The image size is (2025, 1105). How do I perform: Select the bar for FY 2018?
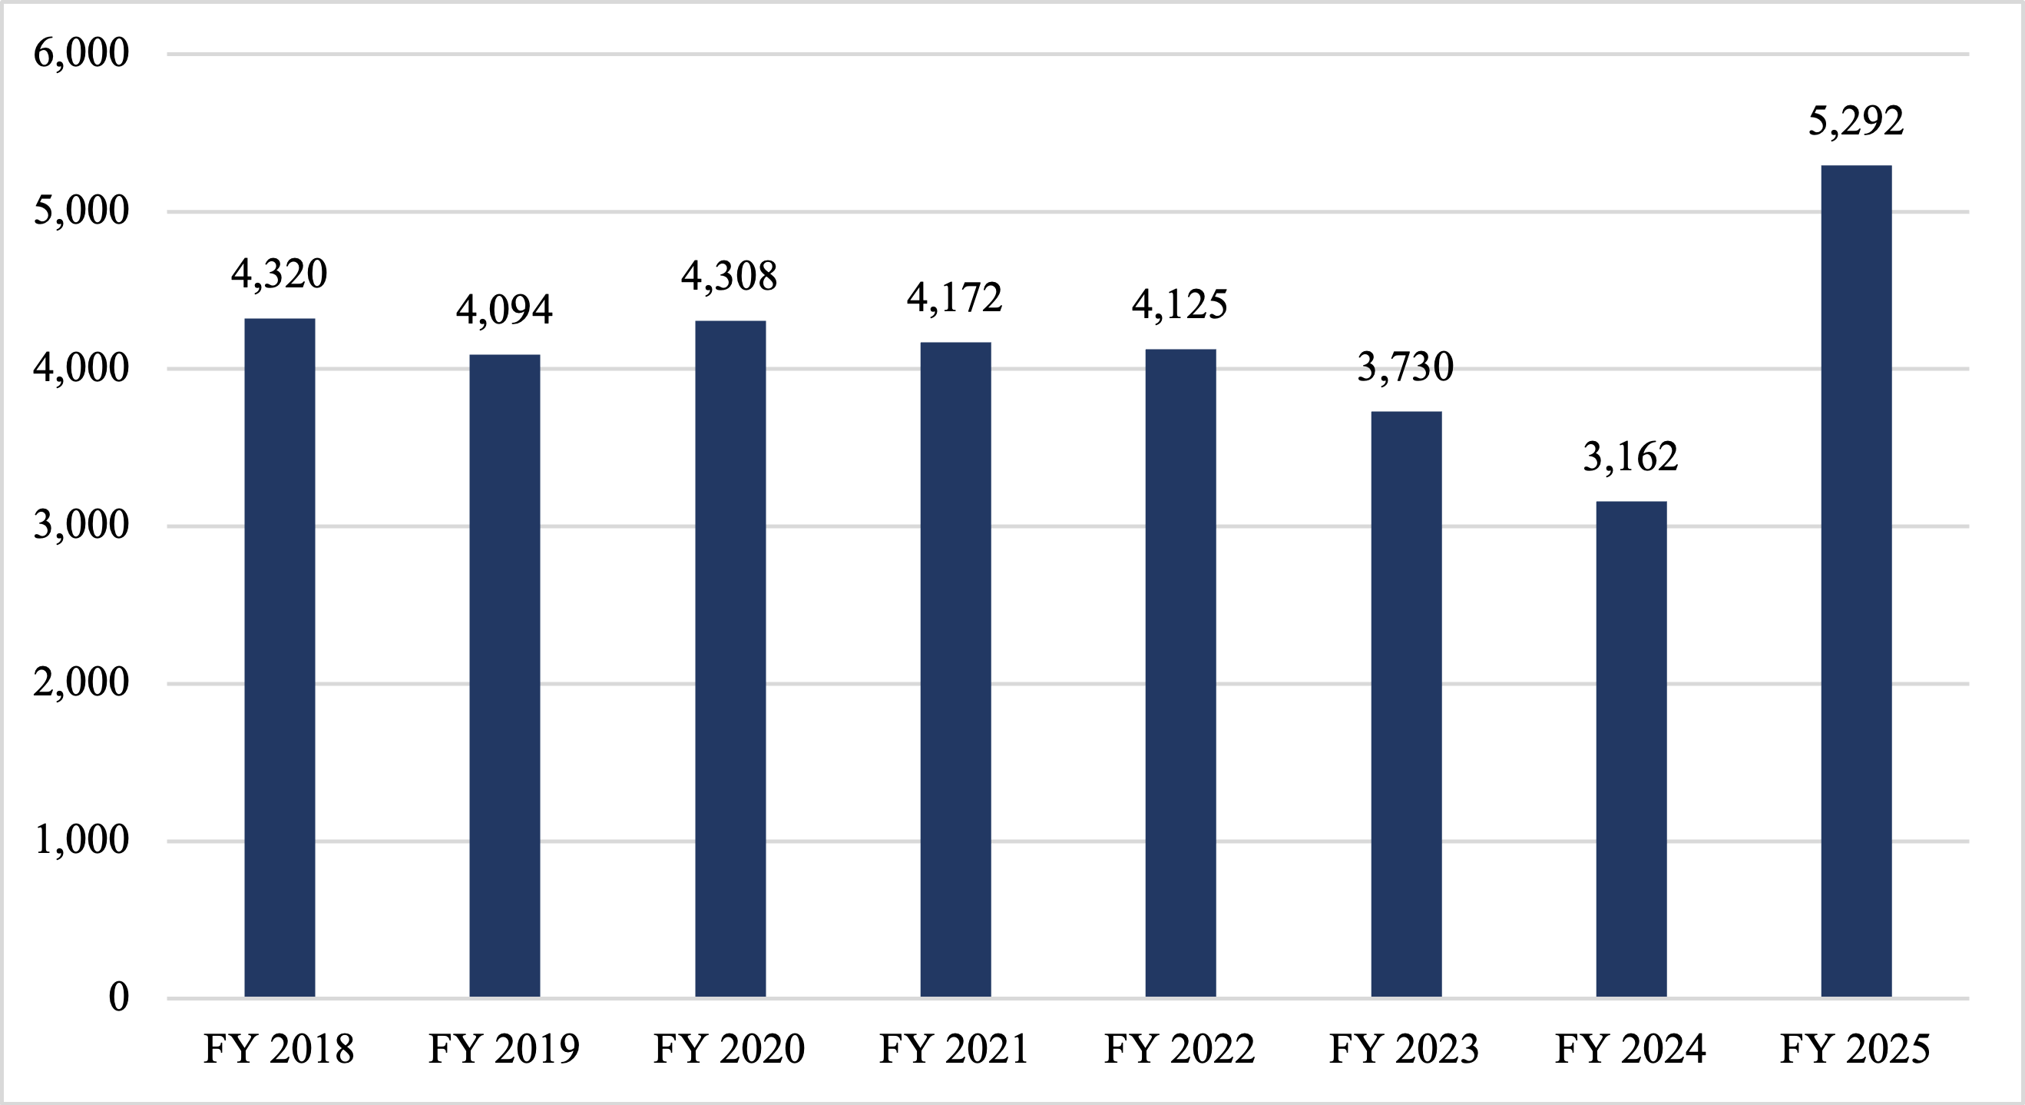click(279, 658)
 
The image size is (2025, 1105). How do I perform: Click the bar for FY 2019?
click(505, 675)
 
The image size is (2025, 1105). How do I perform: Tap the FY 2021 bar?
click(955, 669)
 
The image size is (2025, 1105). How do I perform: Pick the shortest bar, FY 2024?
click(1631, 748)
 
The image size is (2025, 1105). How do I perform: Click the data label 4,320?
click(279, 274)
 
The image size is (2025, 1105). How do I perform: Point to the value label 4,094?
click(504, 309)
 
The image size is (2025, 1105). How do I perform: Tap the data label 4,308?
click(729, 276)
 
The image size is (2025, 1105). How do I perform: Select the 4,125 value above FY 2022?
click(1180, 304)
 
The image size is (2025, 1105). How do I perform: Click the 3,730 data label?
click(1405, 367)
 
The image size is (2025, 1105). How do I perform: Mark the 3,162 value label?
click(1630, 457)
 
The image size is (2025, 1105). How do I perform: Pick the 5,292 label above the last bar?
click(1855, 121)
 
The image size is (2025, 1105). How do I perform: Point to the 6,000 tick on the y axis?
click(81, 54)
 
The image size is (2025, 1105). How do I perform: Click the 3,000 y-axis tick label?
click(81, 526)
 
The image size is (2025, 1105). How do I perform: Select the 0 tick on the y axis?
click(118, 997)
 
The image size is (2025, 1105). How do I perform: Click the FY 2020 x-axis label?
click(729, 1049)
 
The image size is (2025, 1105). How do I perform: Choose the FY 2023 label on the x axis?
click(1404, 1049)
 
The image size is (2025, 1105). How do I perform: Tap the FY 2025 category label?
click(1855, 1049)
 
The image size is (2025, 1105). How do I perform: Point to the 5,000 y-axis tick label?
click(81, 211)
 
